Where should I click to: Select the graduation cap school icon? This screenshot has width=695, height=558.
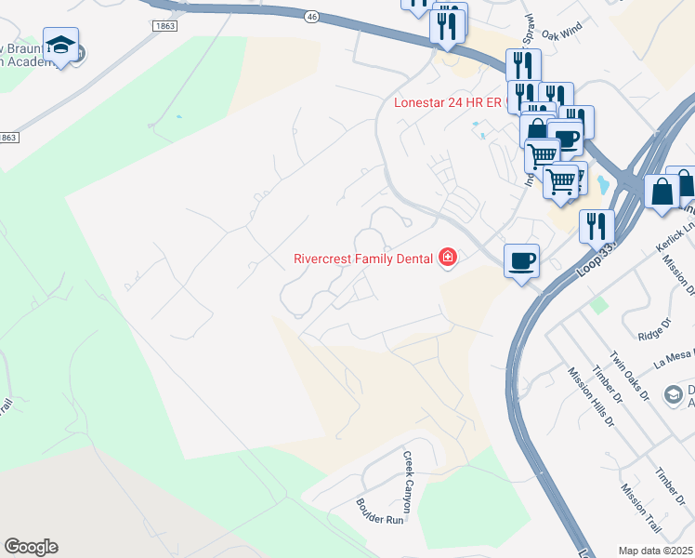point(60,46)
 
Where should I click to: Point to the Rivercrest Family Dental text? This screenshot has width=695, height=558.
point(363,259)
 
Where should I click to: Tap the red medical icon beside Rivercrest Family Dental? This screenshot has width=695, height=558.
point(448,258)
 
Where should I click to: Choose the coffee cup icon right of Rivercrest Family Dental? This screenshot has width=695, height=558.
point(521,259)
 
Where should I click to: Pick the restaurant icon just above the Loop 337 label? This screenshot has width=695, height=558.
point(597,226)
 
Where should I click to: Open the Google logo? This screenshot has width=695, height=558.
point(31,547)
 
